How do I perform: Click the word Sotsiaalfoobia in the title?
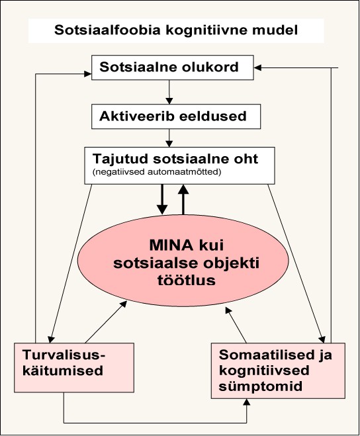coord(107,30)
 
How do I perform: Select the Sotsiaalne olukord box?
coord(173,67)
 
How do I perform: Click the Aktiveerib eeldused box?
coord(176,116)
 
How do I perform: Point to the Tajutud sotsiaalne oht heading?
coord(175,159)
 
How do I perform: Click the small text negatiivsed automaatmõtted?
coord(157,172)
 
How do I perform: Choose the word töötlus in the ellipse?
coord(187,280)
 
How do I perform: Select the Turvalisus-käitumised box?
coord(74,368)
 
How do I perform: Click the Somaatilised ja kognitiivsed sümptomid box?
coord(278,371)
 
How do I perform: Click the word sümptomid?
coord(260,387)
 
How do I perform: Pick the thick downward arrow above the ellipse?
coord(162,199)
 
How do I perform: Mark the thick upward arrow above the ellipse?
coord(183,199)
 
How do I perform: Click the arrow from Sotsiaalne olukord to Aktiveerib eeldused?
coord(169,92)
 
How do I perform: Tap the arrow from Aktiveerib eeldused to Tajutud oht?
coord(169,138)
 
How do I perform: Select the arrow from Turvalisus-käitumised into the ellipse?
coord(107,322)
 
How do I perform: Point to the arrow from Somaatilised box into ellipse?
coord(236,325)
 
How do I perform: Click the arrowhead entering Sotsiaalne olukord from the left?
coord(88,74)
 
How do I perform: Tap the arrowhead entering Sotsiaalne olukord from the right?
coord(257,68)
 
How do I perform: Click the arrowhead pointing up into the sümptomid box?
coord(246,402)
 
